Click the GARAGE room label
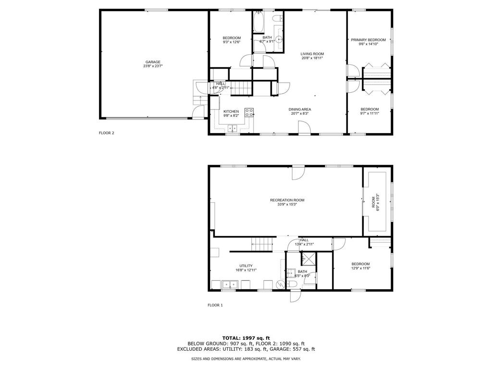153,61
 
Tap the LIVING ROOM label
312,54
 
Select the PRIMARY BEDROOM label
368,40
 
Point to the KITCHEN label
231,111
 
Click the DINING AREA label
300,109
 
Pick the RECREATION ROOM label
287,200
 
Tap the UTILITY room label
246,266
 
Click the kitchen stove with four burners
249,112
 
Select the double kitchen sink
233,128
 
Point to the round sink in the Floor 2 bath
279,40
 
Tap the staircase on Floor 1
263,244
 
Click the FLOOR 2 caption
106,133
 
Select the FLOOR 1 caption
215,305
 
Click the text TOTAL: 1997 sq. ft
246,338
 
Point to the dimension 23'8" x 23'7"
153,66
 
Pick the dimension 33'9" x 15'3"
287,204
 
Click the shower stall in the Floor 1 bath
308,260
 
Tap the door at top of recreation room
298,172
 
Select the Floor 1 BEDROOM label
360,264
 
